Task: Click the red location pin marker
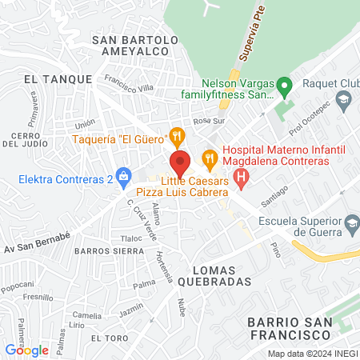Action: coord(180,163)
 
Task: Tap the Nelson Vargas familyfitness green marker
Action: coord(282,84)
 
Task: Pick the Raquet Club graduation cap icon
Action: coord(343,99)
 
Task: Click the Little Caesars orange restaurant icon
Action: coord(209,158)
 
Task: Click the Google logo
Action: coord(26,350)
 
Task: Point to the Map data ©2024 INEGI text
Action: coord(312,354)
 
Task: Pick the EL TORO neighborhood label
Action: coord(110,338)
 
